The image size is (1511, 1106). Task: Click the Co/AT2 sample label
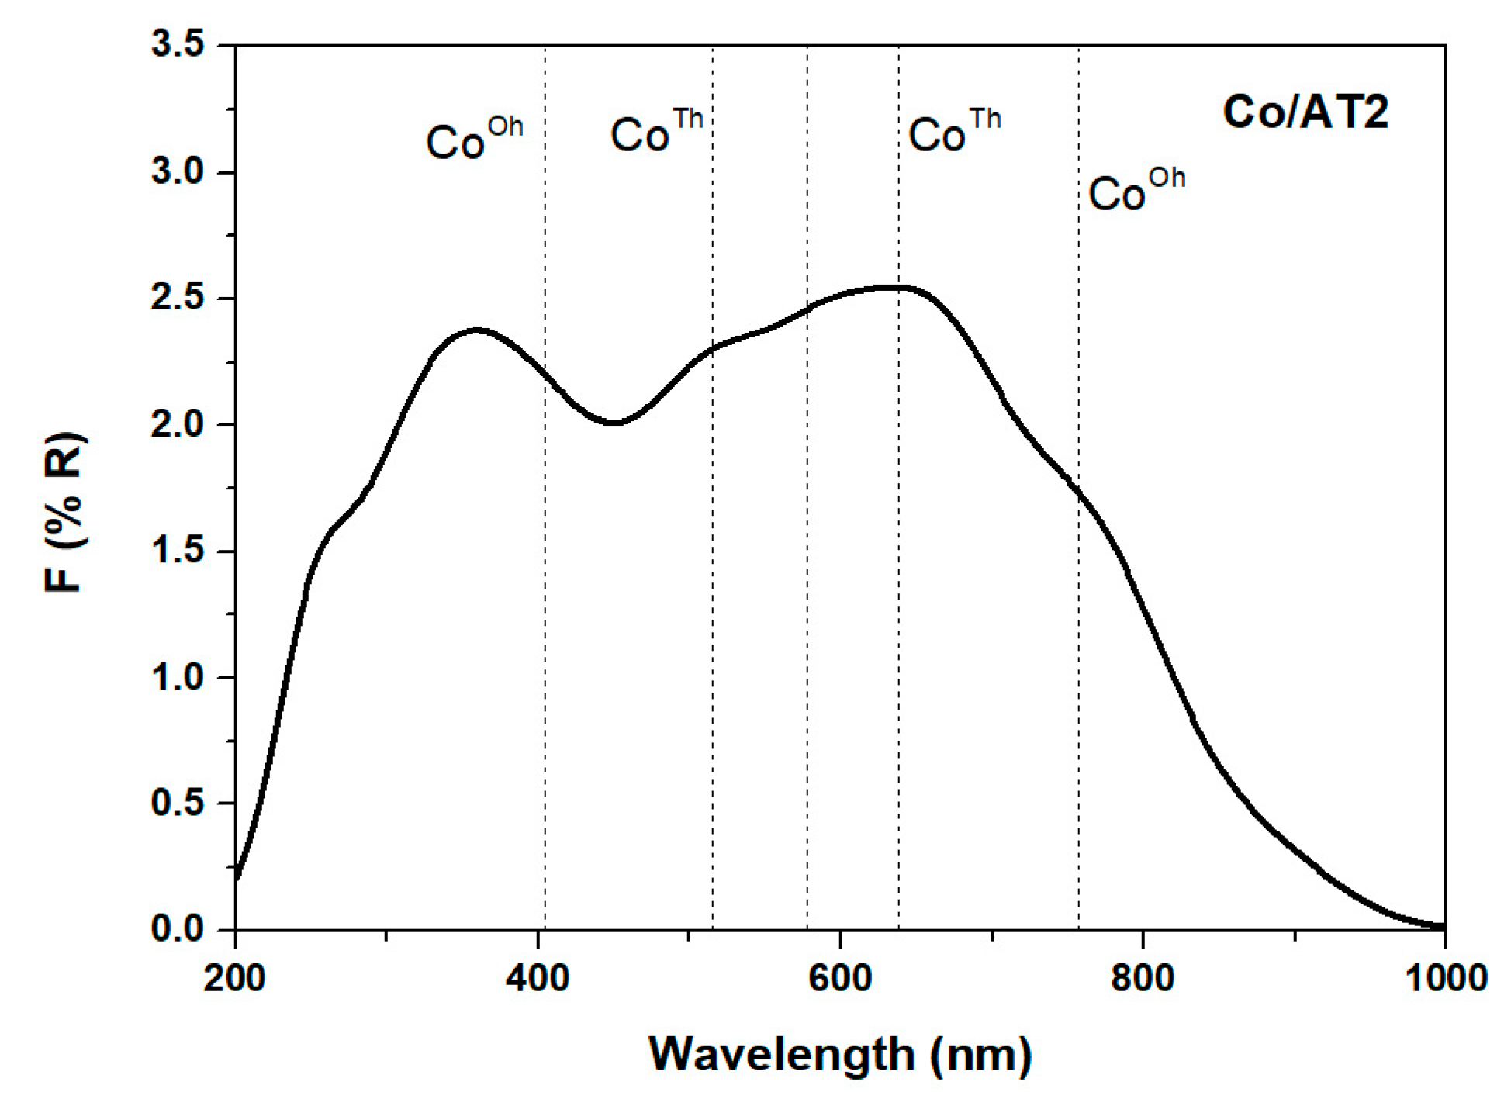(x=1305, y=112)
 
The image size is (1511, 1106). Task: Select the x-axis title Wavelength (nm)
(x=840, y=1054)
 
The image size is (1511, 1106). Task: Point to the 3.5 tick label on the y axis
(x=178, y=45)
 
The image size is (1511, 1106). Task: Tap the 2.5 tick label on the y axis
(x=178, y=298)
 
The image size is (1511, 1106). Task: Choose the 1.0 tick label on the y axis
(x=178, y=677)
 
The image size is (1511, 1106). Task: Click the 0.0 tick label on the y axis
(x=178, y=928)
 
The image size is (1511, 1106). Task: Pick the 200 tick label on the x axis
(x=234, y=979)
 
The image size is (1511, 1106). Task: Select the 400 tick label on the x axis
(x=537, y=979)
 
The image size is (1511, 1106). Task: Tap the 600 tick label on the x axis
(x=840, y=979)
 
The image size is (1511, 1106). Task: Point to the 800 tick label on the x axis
(x=1143, y=979)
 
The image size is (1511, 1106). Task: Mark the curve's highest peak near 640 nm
(x=892, y=287)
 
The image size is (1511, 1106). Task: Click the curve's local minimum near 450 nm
(x=613, y=423)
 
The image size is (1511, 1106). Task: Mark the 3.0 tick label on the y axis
(x=178, y=171)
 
